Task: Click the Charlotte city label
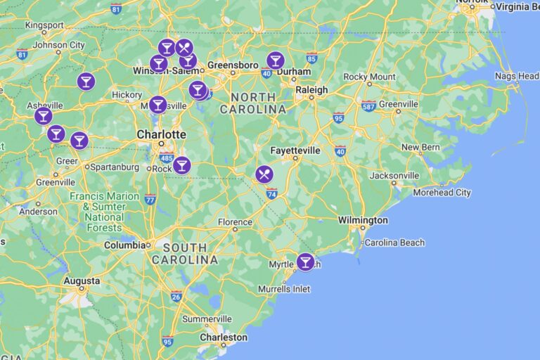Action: tap(161, 134)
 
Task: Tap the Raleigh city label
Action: tap(311, 90)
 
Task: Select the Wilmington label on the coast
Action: tap(363, 220)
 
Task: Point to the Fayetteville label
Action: tap(295, 150)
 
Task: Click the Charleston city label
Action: tap(224, 337)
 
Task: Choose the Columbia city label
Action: tap(124, 245)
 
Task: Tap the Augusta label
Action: tap(82, 281)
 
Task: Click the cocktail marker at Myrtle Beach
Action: tap(305, 262)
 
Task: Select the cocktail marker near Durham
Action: tap(276, 60)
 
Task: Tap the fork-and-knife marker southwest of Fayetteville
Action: tap(264, 174)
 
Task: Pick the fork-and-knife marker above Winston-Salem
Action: tap(184, 47)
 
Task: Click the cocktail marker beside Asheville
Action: tap(44, 115)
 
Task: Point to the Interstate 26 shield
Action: tap(176, 297)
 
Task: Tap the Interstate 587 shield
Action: tap(368, 105)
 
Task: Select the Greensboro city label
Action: tap(233, 65)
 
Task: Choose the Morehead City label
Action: tap(442, 193)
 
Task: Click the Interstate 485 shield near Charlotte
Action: tap(167, 158)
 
